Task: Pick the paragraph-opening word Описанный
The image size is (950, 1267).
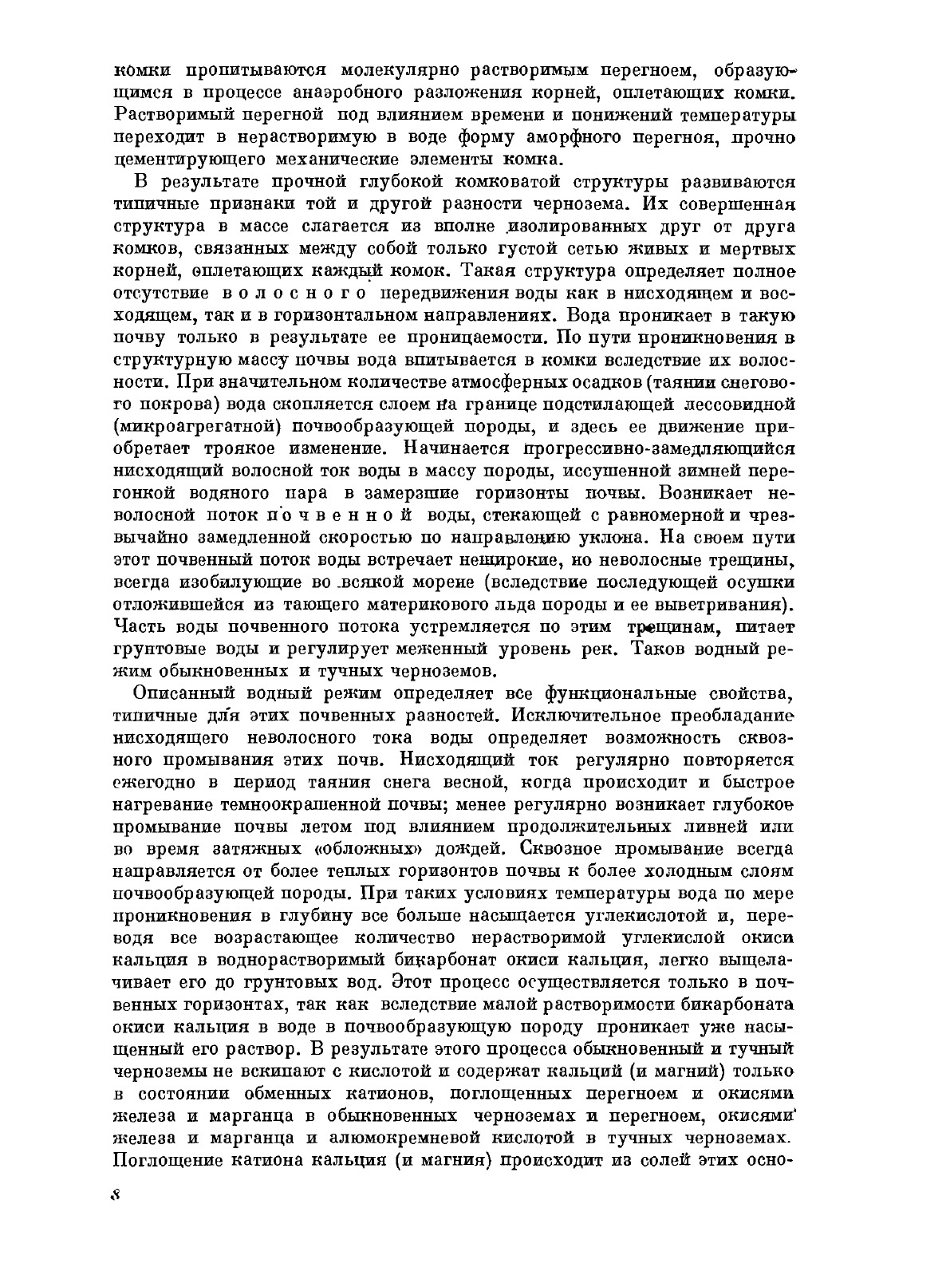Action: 188,693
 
